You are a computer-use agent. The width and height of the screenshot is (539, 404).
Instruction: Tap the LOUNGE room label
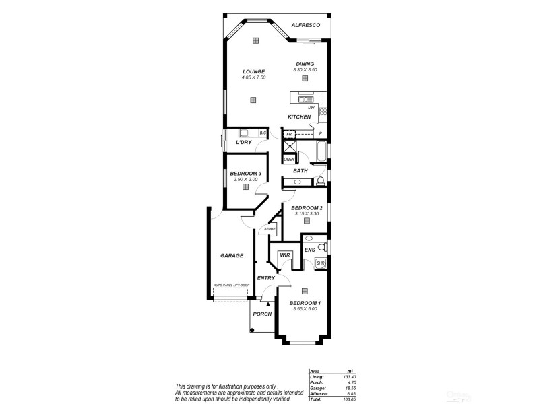pyautogui.click(x=254, y=71)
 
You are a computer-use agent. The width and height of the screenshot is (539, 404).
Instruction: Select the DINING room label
pyautogui.click(x=305, y=64)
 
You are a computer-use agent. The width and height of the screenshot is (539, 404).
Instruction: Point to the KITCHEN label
pyautogui.click(x=299, y=117)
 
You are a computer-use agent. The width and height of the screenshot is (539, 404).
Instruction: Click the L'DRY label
pyautogui.click(x=243, y=143)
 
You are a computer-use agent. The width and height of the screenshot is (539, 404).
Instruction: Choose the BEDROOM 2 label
pyautogui.click(x=307, y=207)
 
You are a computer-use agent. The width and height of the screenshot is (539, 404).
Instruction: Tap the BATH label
pyautogui.click(x=300, y=171)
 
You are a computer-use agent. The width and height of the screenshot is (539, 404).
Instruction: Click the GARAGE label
pyautogui.click(x=232, y=256)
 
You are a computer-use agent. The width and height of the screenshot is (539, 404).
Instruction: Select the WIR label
pyautogui.click(x=285, y=255)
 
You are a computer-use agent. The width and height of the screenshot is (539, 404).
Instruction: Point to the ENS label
pyautogui.click(x=310, y=250)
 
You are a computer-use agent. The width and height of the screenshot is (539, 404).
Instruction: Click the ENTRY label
pyautogui.click(x=265, y=278)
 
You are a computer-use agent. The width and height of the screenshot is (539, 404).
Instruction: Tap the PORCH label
pyautogui.click(x=262, y=314)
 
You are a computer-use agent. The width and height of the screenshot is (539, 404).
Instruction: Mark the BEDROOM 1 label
pyautogui.click(x=305, y=303)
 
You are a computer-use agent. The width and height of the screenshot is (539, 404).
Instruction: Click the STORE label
pyautogui.click(x=269, y=229)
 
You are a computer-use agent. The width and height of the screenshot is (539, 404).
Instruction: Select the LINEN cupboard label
pyautogui.click(x=288, y=159)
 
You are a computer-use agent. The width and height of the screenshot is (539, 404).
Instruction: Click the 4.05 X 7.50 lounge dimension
pyautogui.click(x=254, y=77)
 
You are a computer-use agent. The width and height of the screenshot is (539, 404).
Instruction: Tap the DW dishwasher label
pyautogui.click(x=311, y=107)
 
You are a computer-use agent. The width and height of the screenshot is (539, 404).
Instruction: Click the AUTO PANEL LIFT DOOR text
pyautogui.click(x=232, y=285)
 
